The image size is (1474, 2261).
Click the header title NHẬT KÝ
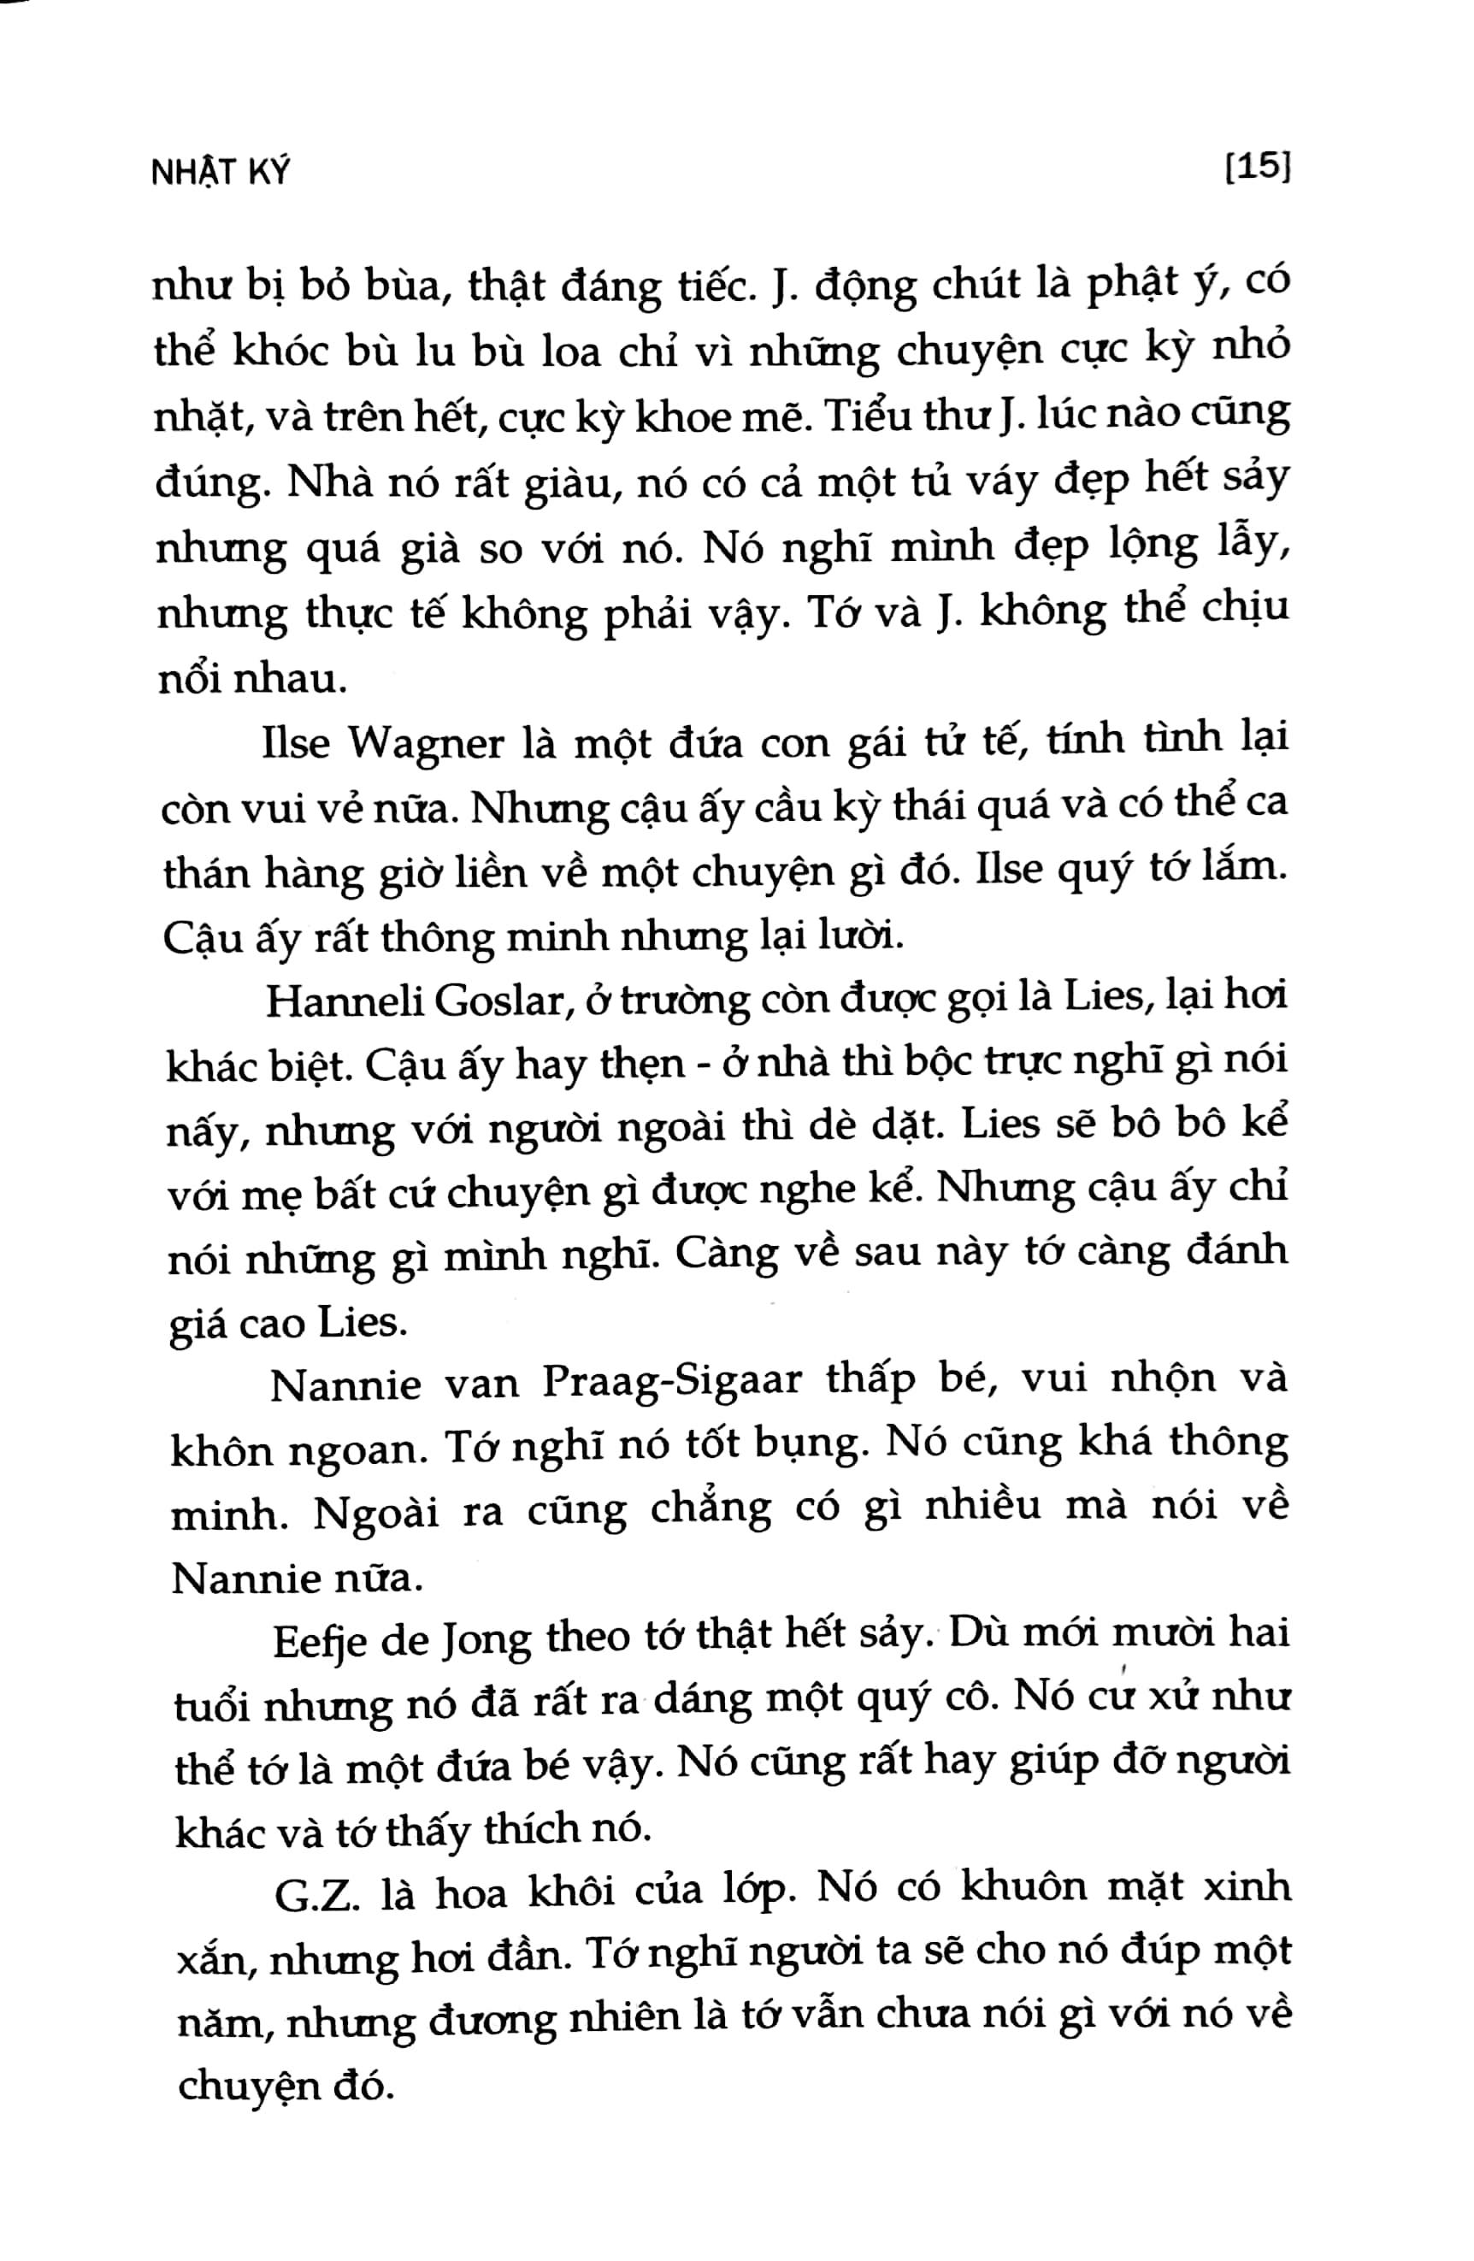[221, 172]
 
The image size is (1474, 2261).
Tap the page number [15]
[1256, 168]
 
